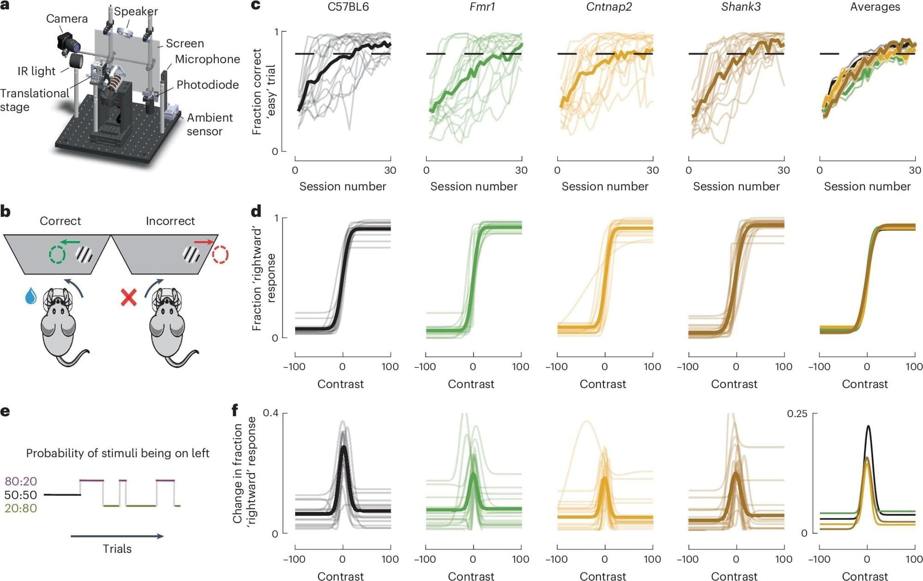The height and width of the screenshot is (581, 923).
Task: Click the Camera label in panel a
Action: [66, 18]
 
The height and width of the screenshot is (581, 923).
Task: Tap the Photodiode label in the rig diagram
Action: [208, 85]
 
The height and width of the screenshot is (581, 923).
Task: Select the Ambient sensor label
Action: [210, 124]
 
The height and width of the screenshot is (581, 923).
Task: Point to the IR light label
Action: [36, 71]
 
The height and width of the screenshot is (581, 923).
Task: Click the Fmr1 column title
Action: [482, 7]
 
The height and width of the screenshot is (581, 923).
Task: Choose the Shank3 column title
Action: [740, 7]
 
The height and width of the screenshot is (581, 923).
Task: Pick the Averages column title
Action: [875, 7]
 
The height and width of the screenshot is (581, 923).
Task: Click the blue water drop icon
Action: [30, 296]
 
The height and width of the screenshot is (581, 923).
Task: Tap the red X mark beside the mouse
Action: [128, 297]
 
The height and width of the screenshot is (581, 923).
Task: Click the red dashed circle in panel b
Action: [220, 254]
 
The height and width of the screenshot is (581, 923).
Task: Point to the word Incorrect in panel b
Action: [170, 221]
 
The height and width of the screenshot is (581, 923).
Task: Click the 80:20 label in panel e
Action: [20, 481]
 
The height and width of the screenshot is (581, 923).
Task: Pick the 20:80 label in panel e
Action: [20, 508]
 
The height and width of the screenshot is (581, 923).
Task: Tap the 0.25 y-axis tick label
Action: [797, 414]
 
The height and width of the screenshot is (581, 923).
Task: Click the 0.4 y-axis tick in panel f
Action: [270, 413]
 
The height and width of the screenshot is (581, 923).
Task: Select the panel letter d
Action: [256, 211]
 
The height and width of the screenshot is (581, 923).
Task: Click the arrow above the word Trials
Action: [117, 536]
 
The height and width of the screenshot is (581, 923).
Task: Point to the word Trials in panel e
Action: [117, 549]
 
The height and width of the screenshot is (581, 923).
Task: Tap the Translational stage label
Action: [34, 100]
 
